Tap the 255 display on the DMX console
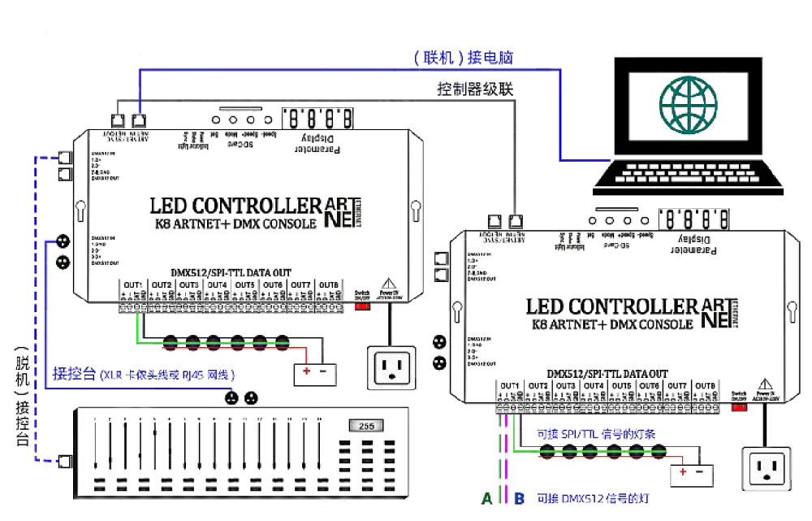click(365, 425)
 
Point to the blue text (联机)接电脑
click(463, 58)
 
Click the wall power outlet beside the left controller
click(392, 367)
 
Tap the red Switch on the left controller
click(362, 296)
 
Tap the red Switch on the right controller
click(740, 406)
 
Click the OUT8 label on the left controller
click(328, 284)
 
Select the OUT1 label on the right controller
click(510, 385)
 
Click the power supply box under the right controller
click(690, 472)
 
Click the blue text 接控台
click(74, 375)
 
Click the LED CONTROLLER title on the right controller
click(612, 306)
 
